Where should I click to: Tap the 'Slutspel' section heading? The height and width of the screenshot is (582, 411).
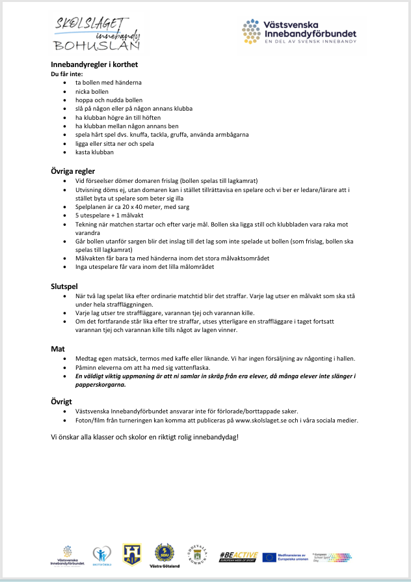65,286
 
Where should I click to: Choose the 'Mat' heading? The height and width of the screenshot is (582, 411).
58,349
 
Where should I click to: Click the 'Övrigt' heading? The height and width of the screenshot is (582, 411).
62,402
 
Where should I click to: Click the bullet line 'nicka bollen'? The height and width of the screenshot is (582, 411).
92,92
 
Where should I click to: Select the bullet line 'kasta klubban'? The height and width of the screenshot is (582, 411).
94,152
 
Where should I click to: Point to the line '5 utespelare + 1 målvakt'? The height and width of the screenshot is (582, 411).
110,215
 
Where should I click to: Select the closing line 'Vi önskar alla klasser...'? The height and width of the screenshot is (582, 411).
144,436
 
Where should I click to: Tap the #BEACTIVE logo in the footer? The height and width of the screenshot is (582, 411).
238,557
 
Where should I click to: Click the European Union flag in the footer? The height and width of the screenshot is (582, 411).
269,557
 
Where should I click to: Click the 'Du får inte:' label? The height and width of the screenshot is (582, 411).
66,74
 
